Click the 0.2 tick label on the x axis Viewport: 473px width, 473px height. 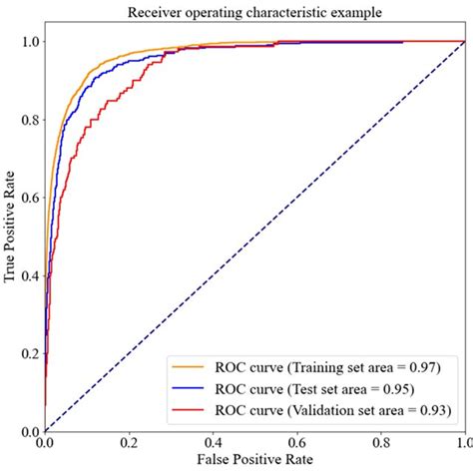tap(129, 443)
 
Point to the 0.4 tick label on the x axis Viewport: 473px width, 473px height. tap(213, 443)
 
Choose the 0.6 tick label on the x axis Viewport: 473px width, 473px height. tap(296, 443)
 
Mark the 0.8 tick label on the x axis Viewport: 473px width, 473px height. tap(380, 443)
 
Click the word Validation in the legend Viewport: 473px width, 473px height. tap(334, 409)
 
